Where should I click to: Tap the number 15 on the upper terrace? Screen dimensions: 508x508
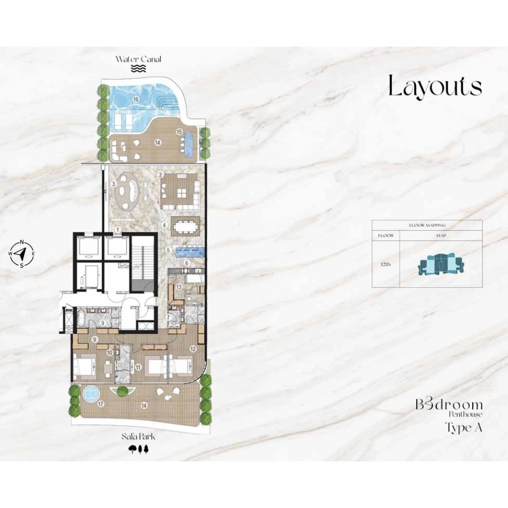179,131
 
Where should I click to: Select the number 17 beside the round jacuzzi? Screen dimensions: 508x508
101,404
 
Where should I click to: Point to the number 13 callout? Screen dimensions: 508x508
179,286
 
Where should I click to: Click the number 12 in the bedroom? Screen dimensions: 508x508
193,349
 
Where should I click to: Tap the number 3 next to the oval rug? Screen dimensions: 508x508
113,184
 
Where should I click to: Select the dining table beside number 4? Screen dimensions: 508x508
185,227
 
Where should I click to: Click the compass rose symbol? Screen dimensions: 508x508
21,253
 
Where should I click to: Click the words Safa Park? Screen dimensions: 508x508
138,437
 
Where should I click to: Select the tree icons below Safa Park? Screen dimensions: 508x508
138,449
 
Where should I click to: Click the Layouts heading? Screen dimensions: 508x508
435,86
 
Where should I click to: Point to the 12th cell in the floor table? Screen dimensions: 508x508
385,264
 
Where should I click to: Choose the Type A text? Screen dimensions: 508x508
463,427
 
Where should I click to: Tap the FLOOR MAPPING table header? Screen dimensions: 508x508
427,225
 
